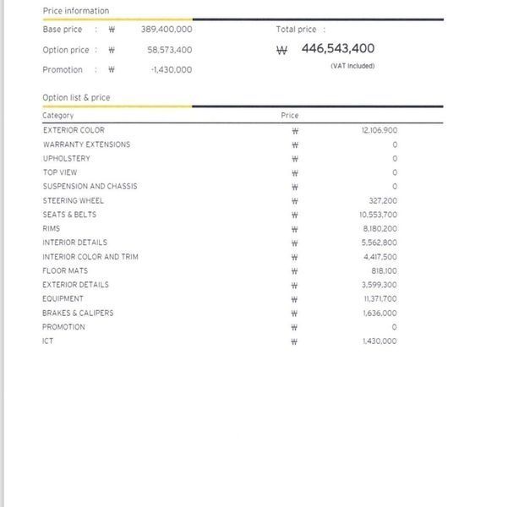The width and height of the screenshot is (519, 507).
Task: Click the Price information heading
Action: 75,11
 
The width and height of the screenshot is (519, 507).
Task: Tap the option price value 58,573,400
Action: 169,50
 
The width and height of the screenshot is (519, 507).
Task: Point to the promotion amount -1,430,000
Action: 171,70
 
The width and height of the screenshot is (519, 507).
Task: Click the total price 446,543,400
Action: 337,49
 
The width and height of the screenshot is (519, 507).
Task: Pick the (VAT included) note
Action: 352,66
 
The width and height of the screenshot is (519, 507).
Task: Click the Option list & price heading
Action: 76,98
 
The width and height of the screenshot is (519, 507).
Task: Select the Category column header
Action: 58,116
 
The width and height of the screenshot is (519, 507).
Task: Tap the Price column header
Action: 290,116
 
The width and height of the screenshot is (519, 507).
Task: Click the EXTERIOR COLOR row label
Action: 74,130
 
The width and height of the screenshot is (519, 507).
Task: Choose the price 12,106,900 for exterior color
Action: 379,130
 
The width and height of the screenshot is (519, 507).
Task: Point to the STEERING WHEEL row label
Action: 73,200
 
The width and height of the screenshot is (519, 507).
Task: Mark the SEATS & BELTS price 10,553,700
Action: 378,215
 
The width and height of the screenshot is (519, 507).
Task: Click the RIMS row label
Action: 52,228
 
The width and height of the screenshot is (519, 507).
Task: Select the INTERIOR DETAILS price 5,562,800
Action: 380,243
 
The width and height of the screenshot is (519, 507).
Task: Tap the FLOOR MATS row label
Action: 65,270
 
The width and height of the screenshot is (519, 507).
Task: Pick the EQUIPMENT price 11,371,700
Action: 380,299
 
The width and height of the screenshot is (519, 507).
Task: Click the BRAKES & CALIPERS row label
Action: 78,313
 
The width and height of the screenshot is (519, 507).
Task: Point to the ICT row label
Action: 48,341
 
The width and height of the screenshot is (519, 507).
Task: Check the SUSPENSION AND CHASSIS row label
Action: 90,186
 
